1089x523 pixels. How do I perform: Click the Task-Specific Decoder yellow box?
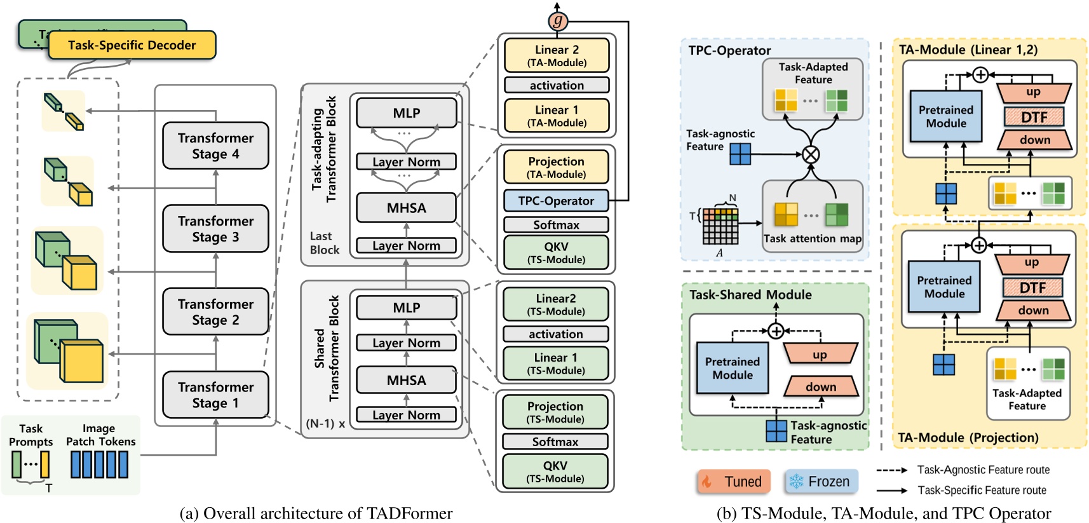click(x=132, y=45)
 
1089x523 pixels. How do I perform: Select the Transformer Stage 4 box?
click(x=215, y=146)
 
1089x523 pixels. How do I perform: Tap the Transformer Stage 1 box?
click(x=215, y=395)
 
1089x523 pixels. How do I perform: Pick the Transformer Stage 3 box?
click(x=215, y=229)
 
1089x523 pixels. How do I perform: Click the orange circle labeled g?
click(x=557, y=21)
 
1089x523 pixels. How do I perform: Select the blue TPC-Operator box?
click(x=556, y=201)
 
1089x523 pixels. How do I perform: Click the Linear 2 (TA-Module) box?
click(x=557, y=55)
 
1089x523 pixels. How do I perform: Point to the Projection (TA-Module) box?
click(x=556, y=167)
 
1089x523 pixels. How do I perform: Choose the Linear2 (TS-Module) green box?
click(x=555, y=304)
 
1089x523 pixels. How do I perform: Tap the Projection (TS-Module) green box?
click(x=555, y=411)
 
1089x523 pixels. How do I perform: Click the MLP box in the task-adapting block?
click(x=407, y=113)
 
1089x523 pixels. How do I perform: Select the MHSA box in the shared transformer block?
click(x=407, y=380)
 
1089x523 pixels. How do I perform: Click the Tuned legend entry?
click(x=734, y=482)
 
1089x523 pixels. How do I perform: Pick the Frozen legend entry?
click(x=821, y=482)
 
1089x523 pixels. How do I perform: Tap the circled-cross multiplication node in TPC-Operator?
click(x=811, y=154)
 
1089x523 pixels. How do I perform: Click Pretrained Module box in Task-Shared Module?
click(x=733, y=368)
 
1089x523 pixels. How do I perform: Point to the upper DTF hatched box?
click(x=1034, y=117)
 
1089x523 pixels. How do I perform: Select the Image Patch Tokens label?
click(x=100, y=435)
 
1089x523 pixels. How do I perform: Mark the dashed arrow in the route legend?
click(x=892, y=470)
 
